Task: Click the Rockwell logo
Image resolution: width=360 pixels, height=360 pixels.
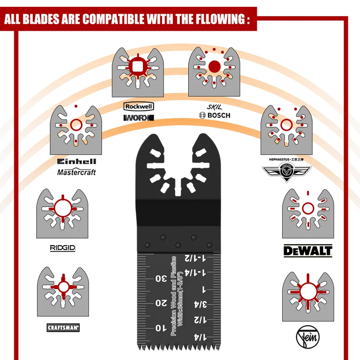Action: (138, 106)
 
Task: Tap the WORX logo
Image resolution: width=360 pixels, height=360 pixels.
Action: (138, 118)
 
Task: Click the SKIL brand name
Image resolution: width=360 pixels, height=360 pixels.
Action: (212, 107)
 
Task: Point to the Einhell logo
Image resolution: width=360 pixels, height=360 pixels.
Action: (76, 162)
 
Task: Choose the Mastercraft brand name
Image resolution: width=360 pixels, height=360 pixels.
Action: (76, 172)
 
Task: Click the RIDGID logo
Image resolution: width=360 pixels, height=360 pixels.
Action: (63, 248)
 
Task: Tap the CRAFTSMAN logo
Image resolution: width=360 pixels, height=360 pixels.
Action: (63, 328)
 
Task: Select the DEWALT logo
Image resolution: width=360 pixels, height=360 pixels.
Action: (307, 250)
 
